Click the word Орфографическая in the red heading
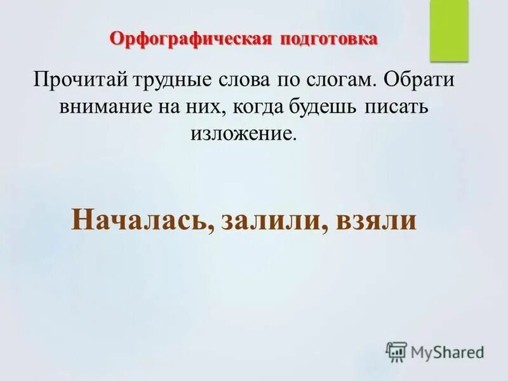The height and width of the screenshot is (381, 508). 190,39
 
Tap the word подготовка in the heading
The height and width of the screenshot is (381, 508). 327,39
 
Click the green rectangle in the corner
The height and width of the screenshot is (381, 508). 448,31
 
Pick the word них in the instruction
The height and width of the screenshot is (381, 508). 217,108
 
